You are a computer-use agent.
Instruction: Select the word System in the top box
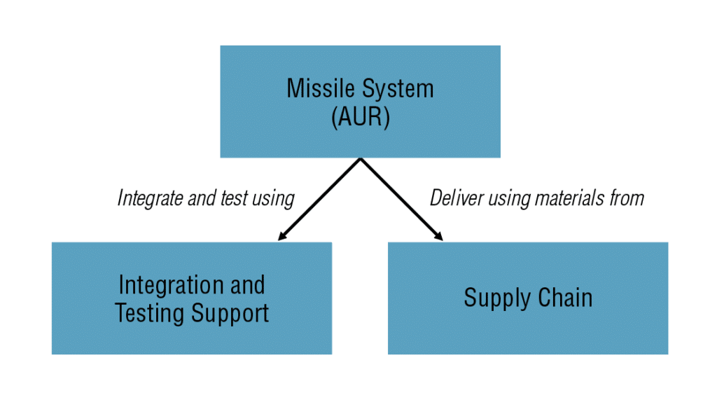(398, 89)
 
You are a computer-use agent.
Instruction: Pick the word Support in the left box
(228, 312)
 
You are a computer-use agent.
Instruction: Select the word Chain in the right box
(565, 298)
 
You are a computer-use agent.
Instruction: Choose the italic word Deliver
(453, 198)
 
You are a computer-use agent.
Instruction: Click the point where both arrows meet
(360, 159)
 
